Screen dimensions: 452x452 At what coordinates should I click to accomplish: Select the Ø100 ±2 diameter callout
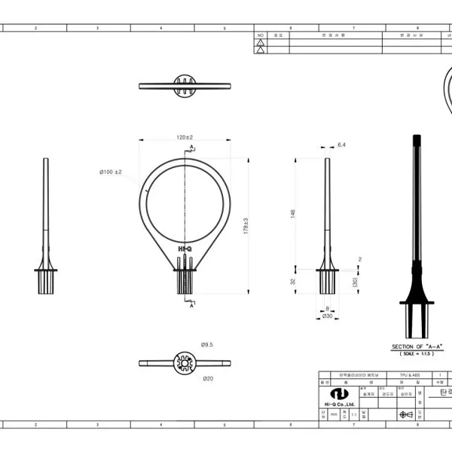point(111,173)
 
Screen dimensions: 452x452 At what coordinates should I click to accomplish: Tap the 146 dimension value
point(293,213)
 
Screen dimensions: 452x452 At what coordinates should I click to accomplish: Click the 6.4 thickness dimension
point(341,144)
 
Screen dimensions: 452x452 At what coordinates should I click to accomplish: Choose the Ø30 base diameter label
point(327,316)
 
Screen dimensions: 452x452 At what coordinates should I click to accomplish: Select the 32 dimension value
point(293,281)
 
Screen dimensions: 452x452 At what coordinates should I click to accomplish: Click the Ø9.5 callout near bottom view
point(207,344)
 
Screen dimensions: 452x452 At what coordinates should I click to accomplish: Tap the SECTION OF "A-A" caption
point(417,347)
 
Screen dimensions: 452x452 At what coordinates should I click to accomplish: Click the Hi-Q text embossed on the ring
point(185,247)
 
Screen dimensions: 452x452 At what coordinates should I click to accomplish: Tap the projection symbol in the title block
point(406,414)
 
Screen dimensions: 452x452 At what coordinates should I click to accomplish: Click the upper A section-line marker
point(192,146)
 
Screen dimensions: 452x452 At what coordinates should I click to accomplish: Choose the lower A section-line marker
point(192,306)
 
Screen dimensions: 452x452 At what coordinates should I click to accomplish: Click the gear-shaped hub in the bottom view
point(185,363)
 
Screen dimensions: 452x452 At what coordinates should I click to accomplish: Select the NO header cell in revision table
point(261,35)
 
